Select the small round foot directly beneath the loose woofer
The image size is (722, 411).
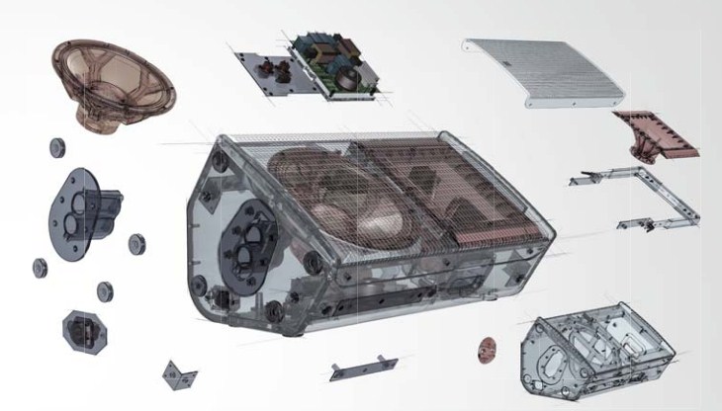point(56,147)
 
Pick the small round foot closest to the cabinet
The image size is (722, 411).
point(136,243)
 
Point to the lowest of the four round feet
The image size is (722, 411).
point(103,289)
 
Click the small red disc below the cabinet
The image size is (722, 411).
point(487,348)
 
